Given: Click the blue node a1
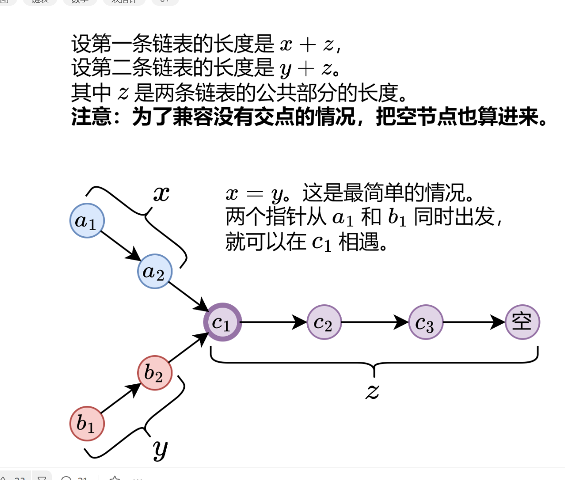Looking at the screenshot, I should pos(87,220).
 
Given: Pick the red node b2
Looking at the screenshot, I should pos(154,373).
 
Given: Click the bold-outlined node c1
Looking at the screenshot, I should pos(222,322).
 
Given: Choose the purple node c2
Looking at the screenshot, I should pos(324,322).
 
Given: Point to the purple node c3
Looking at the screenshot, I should pos(426,322).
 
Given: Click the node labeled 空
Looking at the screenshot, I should pos(522,322).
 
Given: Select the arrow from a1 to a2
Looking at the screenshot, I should pos(121,246).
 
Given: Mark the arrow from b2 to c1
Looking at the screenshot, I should pos(188,348).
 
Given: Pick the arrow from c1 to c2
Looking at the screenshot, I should pos(274,322).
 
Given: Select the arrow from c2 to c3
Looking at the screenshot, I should pos(375,322).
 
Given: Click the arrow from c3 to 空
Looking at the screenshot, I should pos(474,322).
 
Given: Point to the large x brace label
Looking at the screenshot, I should pos(161,194).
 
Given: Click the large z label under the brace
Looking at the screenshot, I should pos(372,391).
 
